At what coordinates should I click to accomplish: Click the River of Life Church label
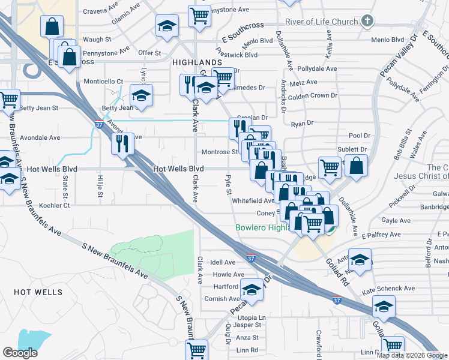[x=321, y=22]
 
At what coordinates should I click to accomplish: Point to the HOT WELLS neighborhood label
[x=38, y=292]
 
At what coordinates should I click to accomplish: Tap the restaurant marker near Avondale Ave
[x=122, y=143]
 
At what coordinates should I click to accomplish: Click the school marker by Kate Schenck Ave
[x=384, y=306]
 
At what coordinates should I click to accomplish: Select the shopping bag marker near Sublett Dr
[x=356, y=167]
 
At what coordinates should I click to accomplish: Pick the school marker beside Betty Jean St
[x=141, y=95]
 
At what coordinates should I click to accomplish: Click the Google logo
[x=20, y=353]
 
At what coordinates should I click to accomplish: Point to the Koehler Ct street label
[x=53, y=205]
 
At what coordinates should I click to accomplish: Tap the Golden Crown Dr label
[x=313, y=95]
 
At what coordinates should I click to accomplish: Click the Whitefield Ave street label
[x=253, y=200]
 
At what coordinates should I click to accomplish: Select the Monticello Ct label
[x=103, y=81]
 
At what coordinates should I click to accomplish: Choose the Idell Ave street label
[x=223, y=262]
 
